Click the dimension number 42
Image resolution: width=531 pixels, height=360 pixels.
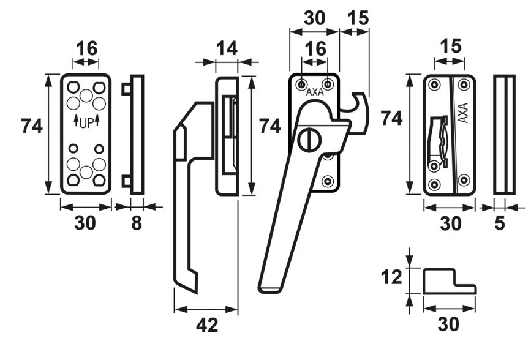coord(207,326)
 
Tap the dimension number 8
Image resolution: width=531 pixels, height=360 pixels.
coord(137,224)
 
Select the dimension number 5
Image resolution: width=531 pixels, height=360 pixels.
coord(500,224)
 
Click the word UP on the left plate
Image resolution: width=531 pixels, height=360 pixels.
coord(86,122)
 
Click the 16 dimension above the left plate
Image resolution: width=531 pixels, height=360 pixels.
coord(86,49)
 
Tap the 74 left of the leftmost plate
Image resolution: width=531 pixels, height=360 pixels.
coord(32,127)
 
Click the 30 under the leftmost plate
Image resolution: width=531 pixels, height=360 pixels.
coord(85,224)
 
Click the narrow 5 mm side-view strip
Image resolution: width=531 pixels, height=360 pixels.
coord(505,135)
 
